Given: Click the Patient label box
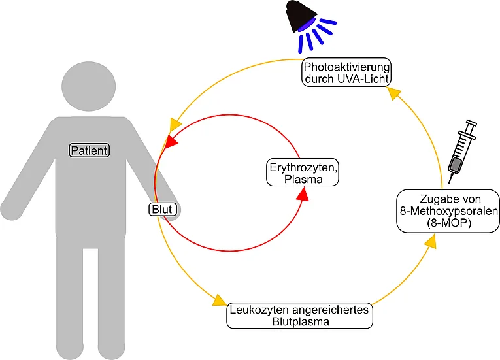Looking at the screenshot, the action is pyautogui.click(x=90, y=150).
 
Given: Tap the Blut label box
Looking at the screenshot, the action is pyautogui.click(x=163, y=209).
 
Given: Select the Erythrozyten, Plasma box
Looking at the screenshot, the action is pyautogui.click(x=303, y=172).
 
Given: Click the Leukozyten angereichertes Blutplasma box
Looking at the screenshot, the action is pyautogui.click(x=299, y=316).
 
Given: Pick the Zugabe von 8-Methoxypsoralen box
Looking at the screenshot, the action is pyautogui.click(x=448, y=211).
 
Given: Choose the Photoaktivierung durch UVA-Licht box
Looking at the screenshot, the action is pyautogui.click(x=346, y=72).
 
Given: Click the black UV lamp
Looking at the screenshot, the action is pyautogui.click(x=301, y=16).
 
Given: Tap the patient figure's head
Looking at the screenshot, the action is pyautogui.click(x=89, y=86).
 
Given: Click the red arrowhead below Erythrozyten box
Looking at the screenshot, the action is pyautogui.click(x=303, y=194).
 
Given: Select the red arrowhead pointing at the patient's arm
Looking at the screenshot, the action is pyautogui.click(x=171, y=141).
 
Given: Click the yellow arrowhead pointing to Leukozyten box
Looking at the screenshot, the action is pyautogui.click(x=220, y=301).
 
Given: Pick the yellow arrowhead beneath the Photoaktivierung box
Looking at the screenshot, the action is pyautogui.click(x=394, y=93).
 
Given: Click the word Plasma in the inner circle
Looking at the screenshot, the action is pyautogui.click(x=303, y=179).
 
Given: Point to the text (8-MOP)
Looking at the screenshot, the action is pyautogui.click(x=448, y=223).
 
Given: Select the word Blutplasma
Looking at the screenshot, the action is pyautogui.click(x=301, y=321).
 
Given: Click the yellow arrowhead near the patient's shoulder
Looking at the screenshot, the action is pyautogui.click(x=175, y=125).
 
